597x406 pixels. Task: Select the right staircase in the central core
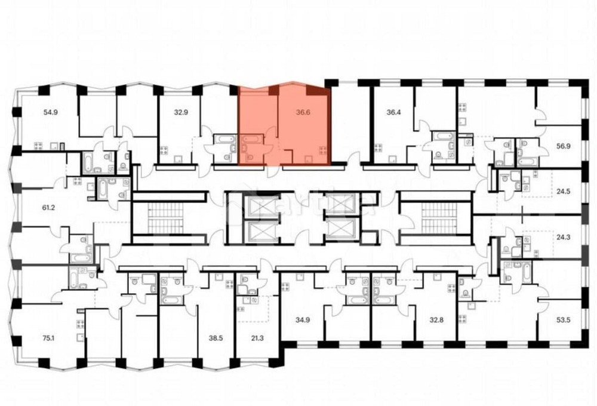point(438,218)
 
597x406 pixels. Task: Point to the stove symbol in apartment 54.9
point(39,145)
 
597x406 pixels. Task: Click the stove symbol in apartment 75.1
point(80,325)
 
